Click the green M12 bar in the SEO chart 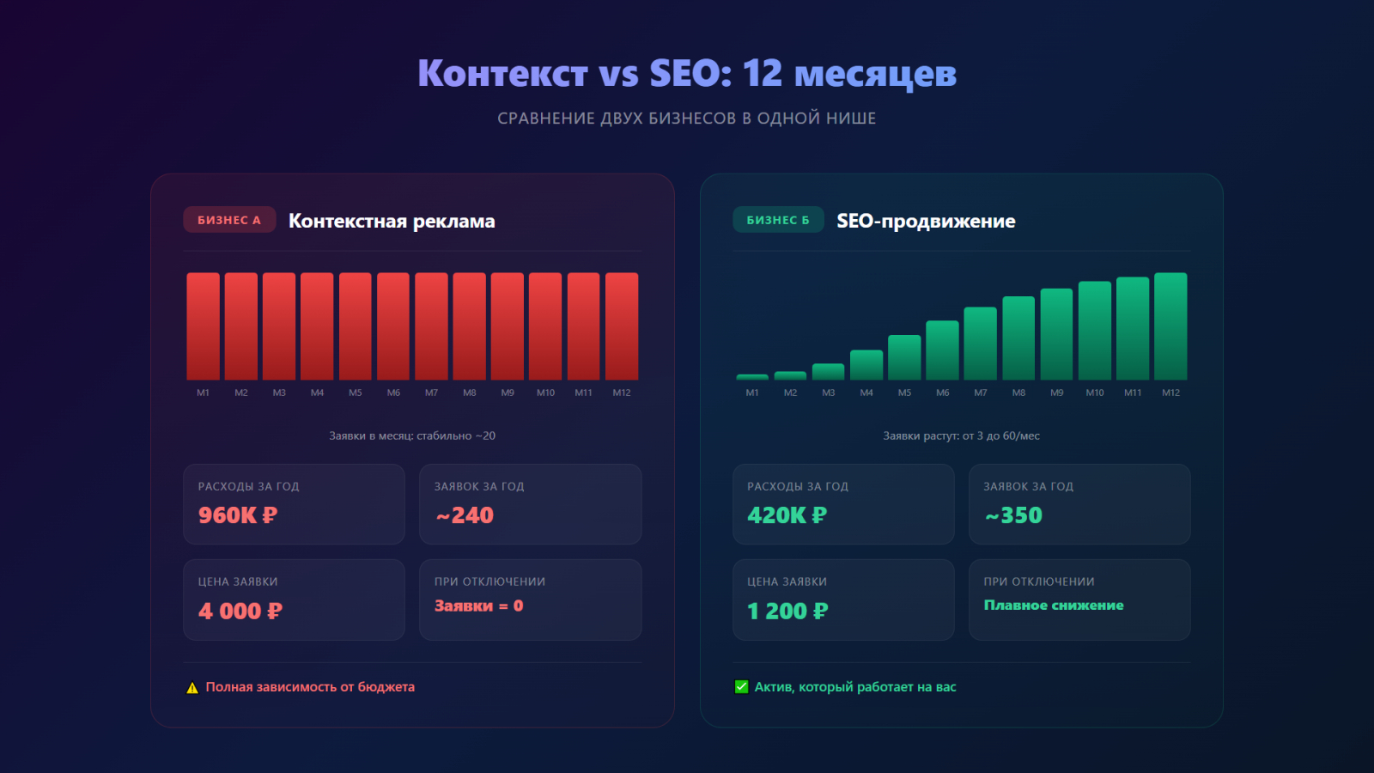click(1170, 326)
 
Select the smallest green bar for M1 click(752, 377)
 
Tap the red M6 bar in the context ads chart click(393, 326)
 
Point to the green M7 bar click(980, 344)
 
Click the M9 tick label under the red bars click(508, 393)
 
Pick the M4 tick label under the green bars click(866, 393)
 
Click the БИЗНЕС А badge click(229, 220)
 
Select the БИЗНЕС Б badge click(778, 220)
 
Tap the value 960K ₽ click(238, 515)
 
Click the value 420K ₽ click(787, 515)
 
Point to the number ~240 click(465, 515)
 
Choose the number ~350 click(1013, 515)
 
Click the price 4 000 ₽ click(240, 611)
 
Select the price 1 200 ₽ click(787, 611)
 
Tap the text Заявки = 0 click(478, 606)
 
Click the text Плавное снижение click(1054, 606)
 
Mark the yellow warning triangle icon click(192, 688)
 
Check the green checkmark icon click(742, 686)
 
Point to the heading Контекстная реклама click(392, 221)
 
